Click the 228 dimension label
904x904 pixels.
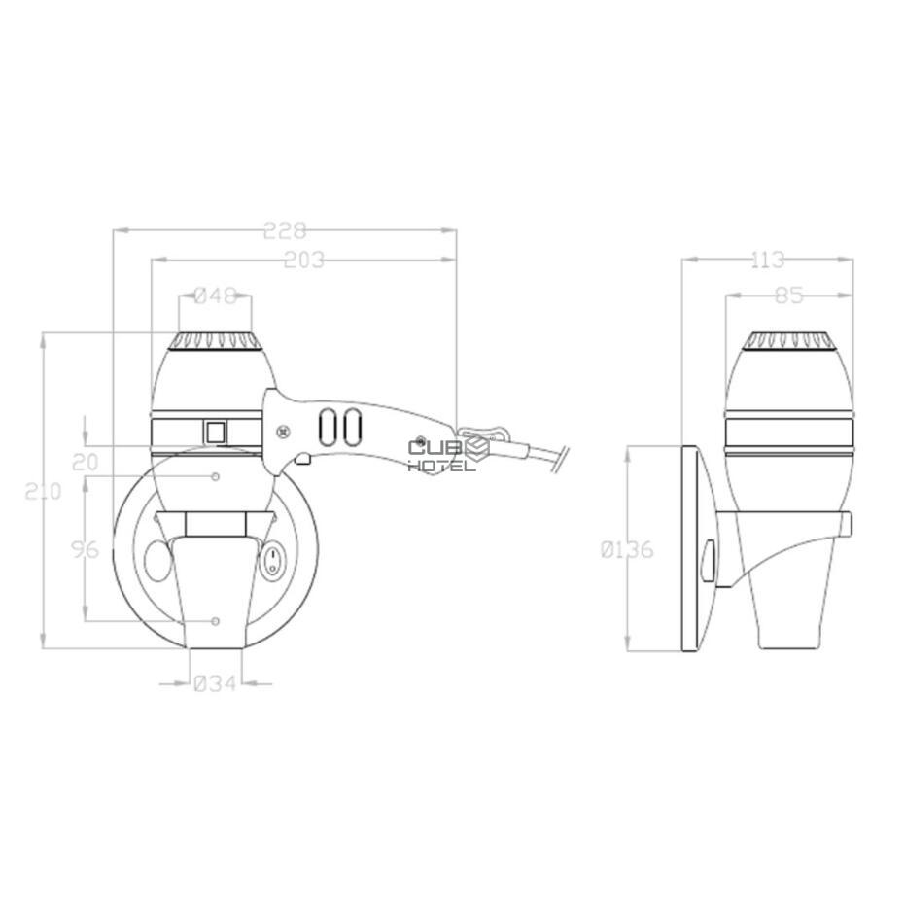point(284,231)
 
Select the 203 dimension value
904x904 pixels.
point(304,260)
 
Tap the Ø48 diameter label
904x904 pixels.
point(215,296)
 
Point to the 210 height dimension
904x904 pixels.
point(43,492)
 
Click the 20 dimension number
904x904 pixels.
point(86,462)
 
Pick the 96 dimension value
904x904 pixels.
point(86,549)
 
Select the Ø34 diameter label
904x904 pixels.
point(215,683)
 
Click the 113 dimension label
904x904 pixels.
point(767,260)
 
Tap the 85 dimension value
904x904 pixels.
point(788,296)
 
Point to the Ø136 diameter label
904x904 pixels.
point(627,549)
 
